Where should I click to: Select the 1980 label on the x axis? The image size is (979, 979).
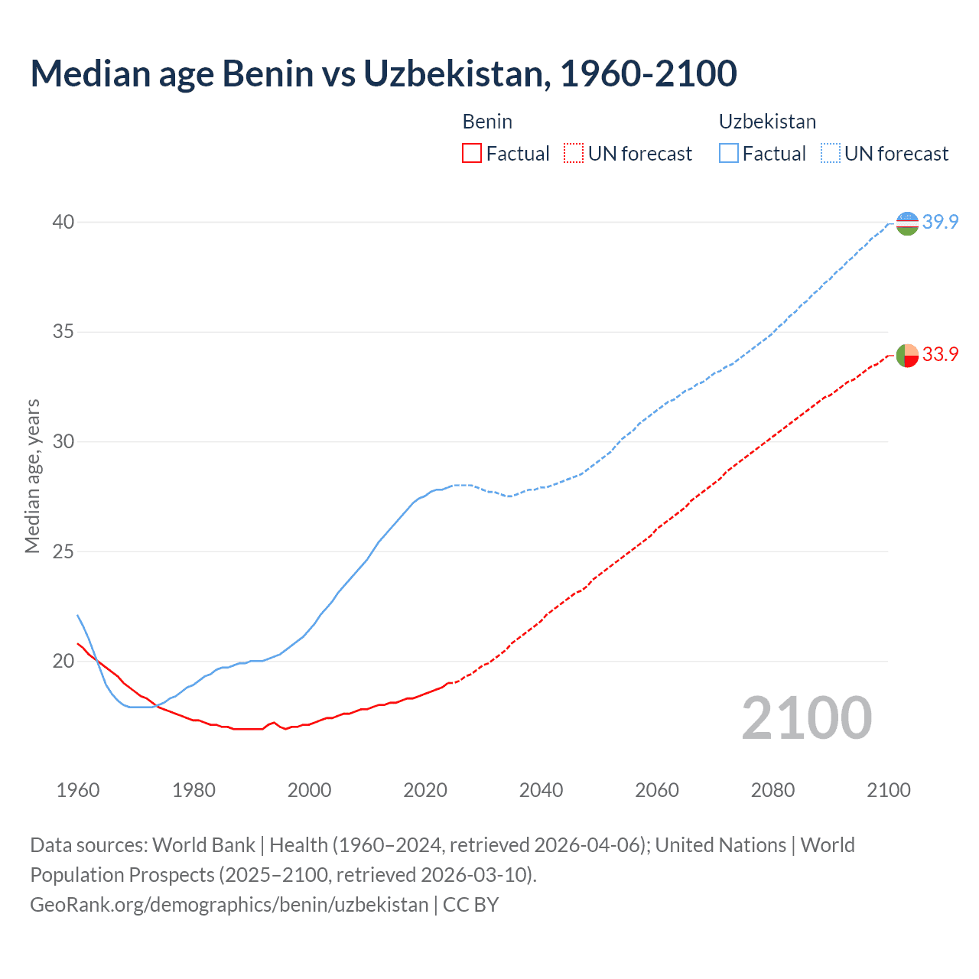click(194, 790)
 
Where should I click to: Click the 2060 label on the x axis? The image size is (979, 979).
click(657, 790)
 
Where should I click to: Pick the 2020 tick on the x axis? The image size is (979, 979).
click(425, 790)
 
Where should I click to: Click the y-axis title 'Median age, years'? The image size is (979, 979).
click(32, 476)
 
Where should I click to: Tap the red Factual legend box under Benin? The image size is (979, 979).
click(472, 154)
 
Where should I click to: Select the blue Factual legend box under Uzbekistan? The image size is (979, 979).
click(729, 154)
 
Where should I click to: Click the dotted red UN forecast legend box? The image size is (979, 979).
click(574, 154)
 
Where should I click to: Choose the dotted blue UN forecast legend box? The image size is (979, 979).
click(831, 154)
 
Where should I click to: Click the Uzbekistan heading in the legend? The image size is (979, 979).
click(767, 122)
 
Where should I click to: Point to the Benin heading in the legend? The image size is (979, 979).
click(487, 122)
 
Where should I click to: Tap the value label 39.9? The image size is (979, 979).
click(940, 223)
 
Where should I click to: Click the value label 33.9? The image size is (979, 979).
click(940, 355)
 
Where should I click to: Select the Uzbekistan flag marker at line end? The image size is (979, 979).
click(907, 223)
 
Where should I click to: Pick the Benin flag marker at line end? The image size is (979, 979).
click(907, 356)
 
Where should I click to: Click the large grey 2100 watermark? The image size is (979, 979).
click(806, 718)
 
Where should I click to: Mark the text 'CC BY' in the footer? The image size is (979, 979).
click(470, 905)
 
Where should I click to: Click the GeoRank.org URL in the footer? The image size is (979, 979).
click(229, 905)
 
